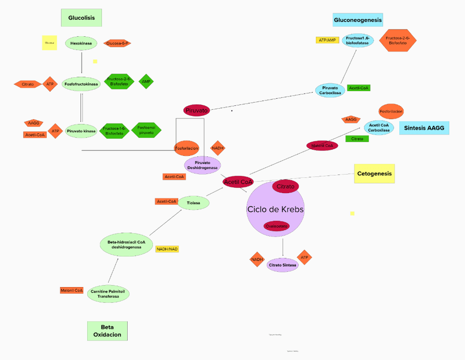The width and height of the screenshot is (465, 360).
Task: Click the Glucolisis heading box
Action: (x=81, y=18)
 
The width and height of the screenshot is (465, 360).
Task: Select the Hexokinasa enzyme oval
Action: (x=81, y=43)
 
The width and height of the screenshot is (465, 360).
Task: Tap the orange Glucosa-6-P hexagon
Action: (x=117, y=43)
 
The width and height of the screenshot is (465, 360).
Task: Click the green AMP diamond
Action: (x=146, y=82)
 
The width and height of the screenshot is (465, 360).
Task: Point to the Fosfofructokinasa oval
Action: (x=81, y=84)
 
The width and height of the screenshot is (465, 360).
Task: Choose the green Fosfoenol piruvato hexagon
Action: (x=146, y=130)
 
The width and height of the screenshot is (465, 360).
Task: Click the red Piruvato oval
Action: (x=196, y=110)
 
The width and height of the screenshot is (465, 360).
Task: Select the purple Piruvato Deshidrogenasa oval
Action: (x=202, y=165)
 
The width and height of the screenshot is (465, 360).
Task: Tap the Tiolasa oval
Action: (x=194, y=203)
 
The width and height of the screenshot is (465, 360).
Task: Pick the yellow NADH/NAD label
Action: (x=167, y=249)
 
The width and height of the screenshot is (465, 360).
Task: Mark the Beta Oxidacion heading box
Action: (x=107, y=330)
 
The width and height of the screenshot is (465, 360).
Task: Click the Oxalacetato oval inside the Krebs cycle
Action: (x=276, y=226)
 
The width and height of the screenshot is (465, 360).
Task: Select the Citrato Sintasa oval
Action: (x=282, y=265)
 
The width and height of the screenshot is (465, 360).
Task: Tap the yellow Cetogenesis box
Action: (x=375, y=173)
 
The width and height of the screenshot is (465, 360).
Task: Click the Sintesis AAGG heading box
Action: (x=424, y=128)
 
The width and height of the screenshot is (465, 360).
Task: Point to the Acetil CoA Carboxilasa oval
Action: (x=379, y=128)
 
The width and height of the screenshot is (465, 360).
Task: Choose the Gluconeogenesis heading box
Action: (x=358, y=20)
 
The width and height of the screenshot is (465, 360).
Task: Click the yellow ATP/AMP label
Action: (x=327, y=40)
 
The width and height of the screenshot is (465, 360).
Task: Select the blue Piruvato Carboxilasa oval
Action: (x=330, y=91)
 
